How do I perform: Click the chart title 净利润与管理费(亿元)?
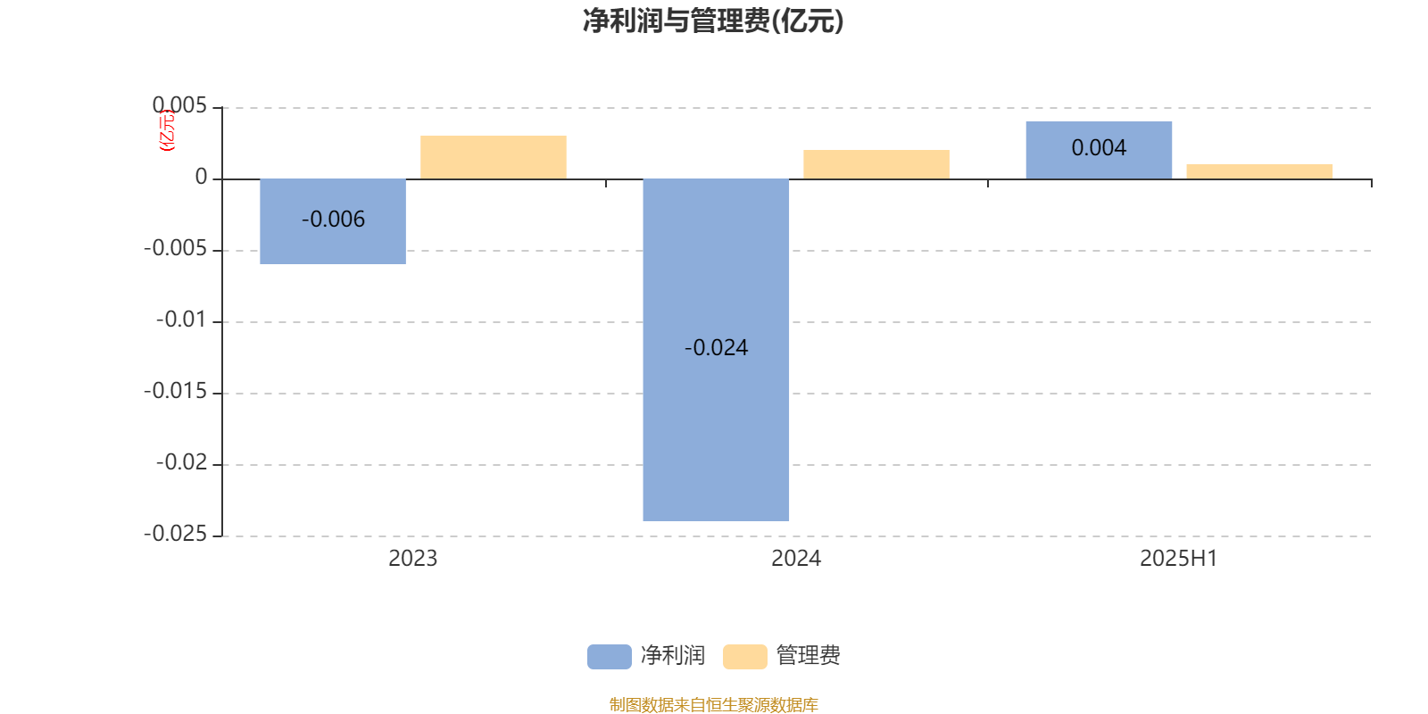pyautogui.click(x=713, y=21)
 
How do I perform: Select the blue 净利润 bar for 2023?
pyautogui.click(x=333, y=221)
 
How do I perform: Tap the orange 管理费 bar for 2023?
pyautogui.click(x=494, y=157)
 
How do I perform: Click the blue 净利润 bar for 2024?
pyautogui.click(x=716, y=350)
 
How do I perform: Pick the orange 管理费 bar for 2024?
pyautogui.click(x=876, y=164)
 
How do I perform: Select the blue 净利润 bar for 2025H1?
pyautogui.click(x=1099, y=150)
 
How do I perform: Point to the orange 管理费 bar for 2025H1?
pyautogui.click(x=1259, y=171)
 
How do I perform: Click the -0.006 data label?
pyautogui.click(x=334, y=220)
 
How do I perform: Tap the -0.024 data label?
pyautogui.click(x=716, y=347)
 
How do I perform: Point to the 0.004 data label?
pyautogui.click(x=1099, y=148)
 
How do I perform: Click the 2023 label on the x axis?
pyautogui.click(x=413, y=559)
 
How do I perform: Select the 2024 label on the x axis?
pyautogui.click(x=796, y=559)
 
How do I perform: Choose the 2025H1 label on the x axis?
pyautogui.click(x=1179, y=559)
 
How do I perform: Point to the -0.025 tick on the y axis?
pyautogui.click(x=176, y=534)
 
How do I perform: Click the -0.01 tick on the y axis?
pyautogui.click(x=182, y=320)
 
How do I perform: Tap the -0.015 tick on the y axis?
pyautogui.click(x=176, y=391)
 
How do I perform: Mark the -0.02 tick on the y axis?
pyautogui.click(x=182, y=462)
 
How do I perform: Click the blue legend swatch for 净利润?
pyautogui.click(x=610, y=657)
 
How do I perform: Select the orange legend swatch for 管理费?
pyautogui.click(x=744, y=657)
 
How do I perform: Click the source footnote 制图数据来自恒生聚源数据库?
pyautogui.click(x=714, y=704)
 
